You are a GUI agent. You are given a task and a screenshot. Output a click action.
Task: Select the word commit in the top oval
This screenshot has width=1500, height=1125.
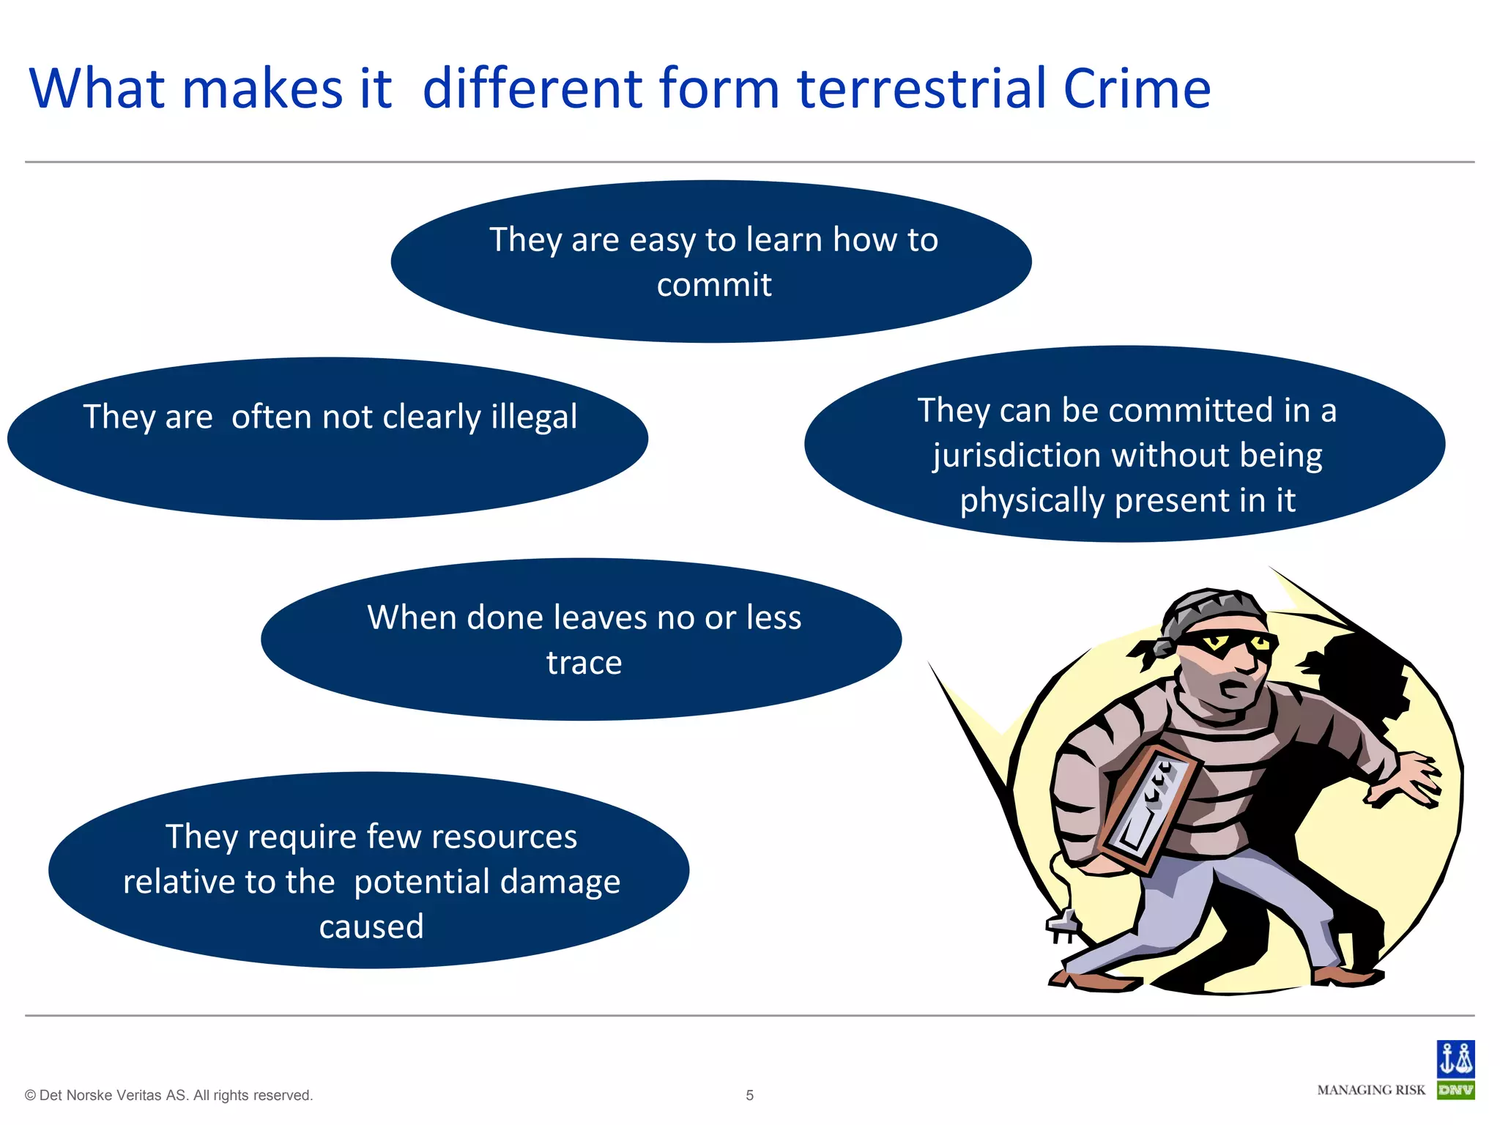714,285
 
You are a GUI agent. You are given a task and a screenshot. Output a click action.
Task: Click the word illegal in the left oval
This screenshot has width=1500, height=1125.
534,417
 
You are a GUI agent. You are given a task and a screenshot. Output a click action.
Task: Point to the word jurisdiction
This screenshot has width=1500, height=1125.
1017,456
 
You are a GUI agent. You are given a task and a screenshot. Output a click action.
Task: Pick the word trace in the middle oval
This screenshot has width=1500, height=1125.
584,663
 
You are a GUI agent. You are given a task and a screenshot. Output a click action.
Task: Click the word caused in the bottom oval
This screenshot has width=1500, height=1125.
371,927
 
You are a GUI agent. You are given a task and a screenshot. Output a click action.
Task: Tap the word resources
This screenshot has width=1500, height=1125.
503,836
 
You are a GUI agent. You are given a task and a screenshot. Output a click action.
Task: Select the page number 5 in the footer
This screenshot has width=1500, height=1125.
749,1095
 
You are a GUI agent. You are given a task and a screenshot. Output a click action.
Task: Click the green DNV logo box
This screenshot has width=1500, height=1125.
1455,1090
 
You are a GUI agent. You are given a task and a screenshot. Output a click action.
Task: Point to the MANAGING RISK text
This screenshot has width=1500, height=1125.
1371,1090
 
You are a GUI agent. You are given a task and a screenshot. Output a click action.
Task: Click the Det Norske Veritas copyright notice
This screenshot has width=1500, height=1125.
169,1095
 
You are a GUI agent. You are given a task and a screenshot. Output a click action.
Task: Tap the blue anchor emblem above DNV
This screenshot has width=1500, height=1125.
1455,1058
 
